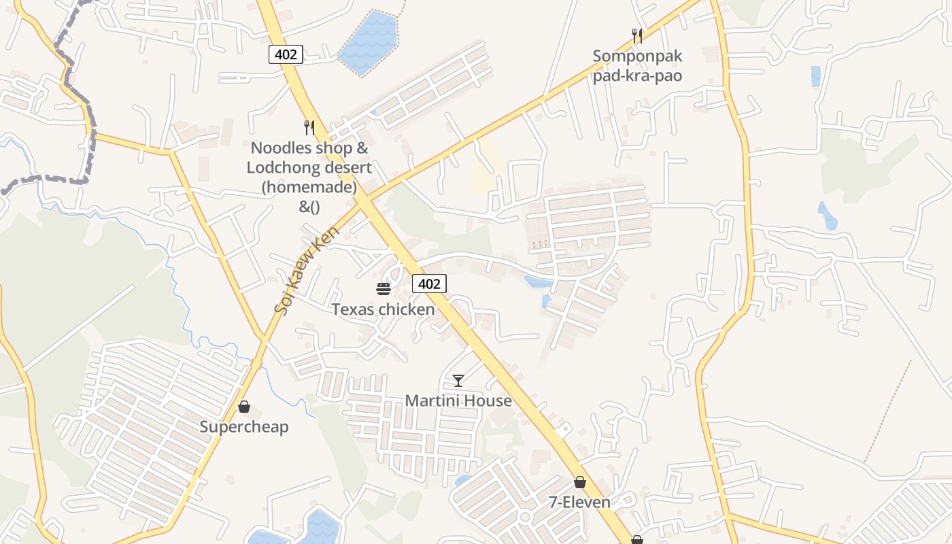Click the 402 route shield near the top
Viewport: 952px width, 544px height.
coord(286,54)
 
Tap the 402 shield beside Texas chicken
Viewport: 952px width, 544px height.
coord(429,284)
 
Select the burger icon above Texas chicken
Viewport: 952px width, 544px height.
coord(383,289)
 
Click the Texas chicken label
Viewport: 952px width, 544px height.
coord(383,309)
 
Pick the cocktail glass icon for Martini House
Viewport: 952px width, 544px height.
coord(458,380)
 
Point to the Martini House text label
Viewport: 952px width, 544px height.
coord(458,401)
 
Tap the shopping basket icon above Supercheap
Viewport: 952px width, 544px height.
coord(244,407)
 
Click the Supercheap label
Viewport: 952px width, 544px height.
coord(244,427)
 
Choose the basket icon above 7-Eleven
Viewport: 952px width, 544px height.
coord(579,482)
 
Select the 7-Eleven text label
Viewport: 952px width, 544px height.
coord(579,503)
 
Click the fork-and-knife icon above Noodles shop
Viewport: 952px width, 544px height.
coord(309,127)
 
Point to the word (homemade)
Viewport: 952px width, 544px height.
coord(309,186)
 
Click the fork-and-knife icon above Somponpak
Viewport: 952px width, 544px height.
coord(637,35)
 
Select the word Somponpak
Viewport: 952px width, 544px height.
coord(637,56)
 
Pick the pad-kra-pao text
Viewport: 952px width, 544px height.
coord(637,75)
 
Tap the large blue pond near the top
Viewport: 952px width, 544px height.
coord(368,42)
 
